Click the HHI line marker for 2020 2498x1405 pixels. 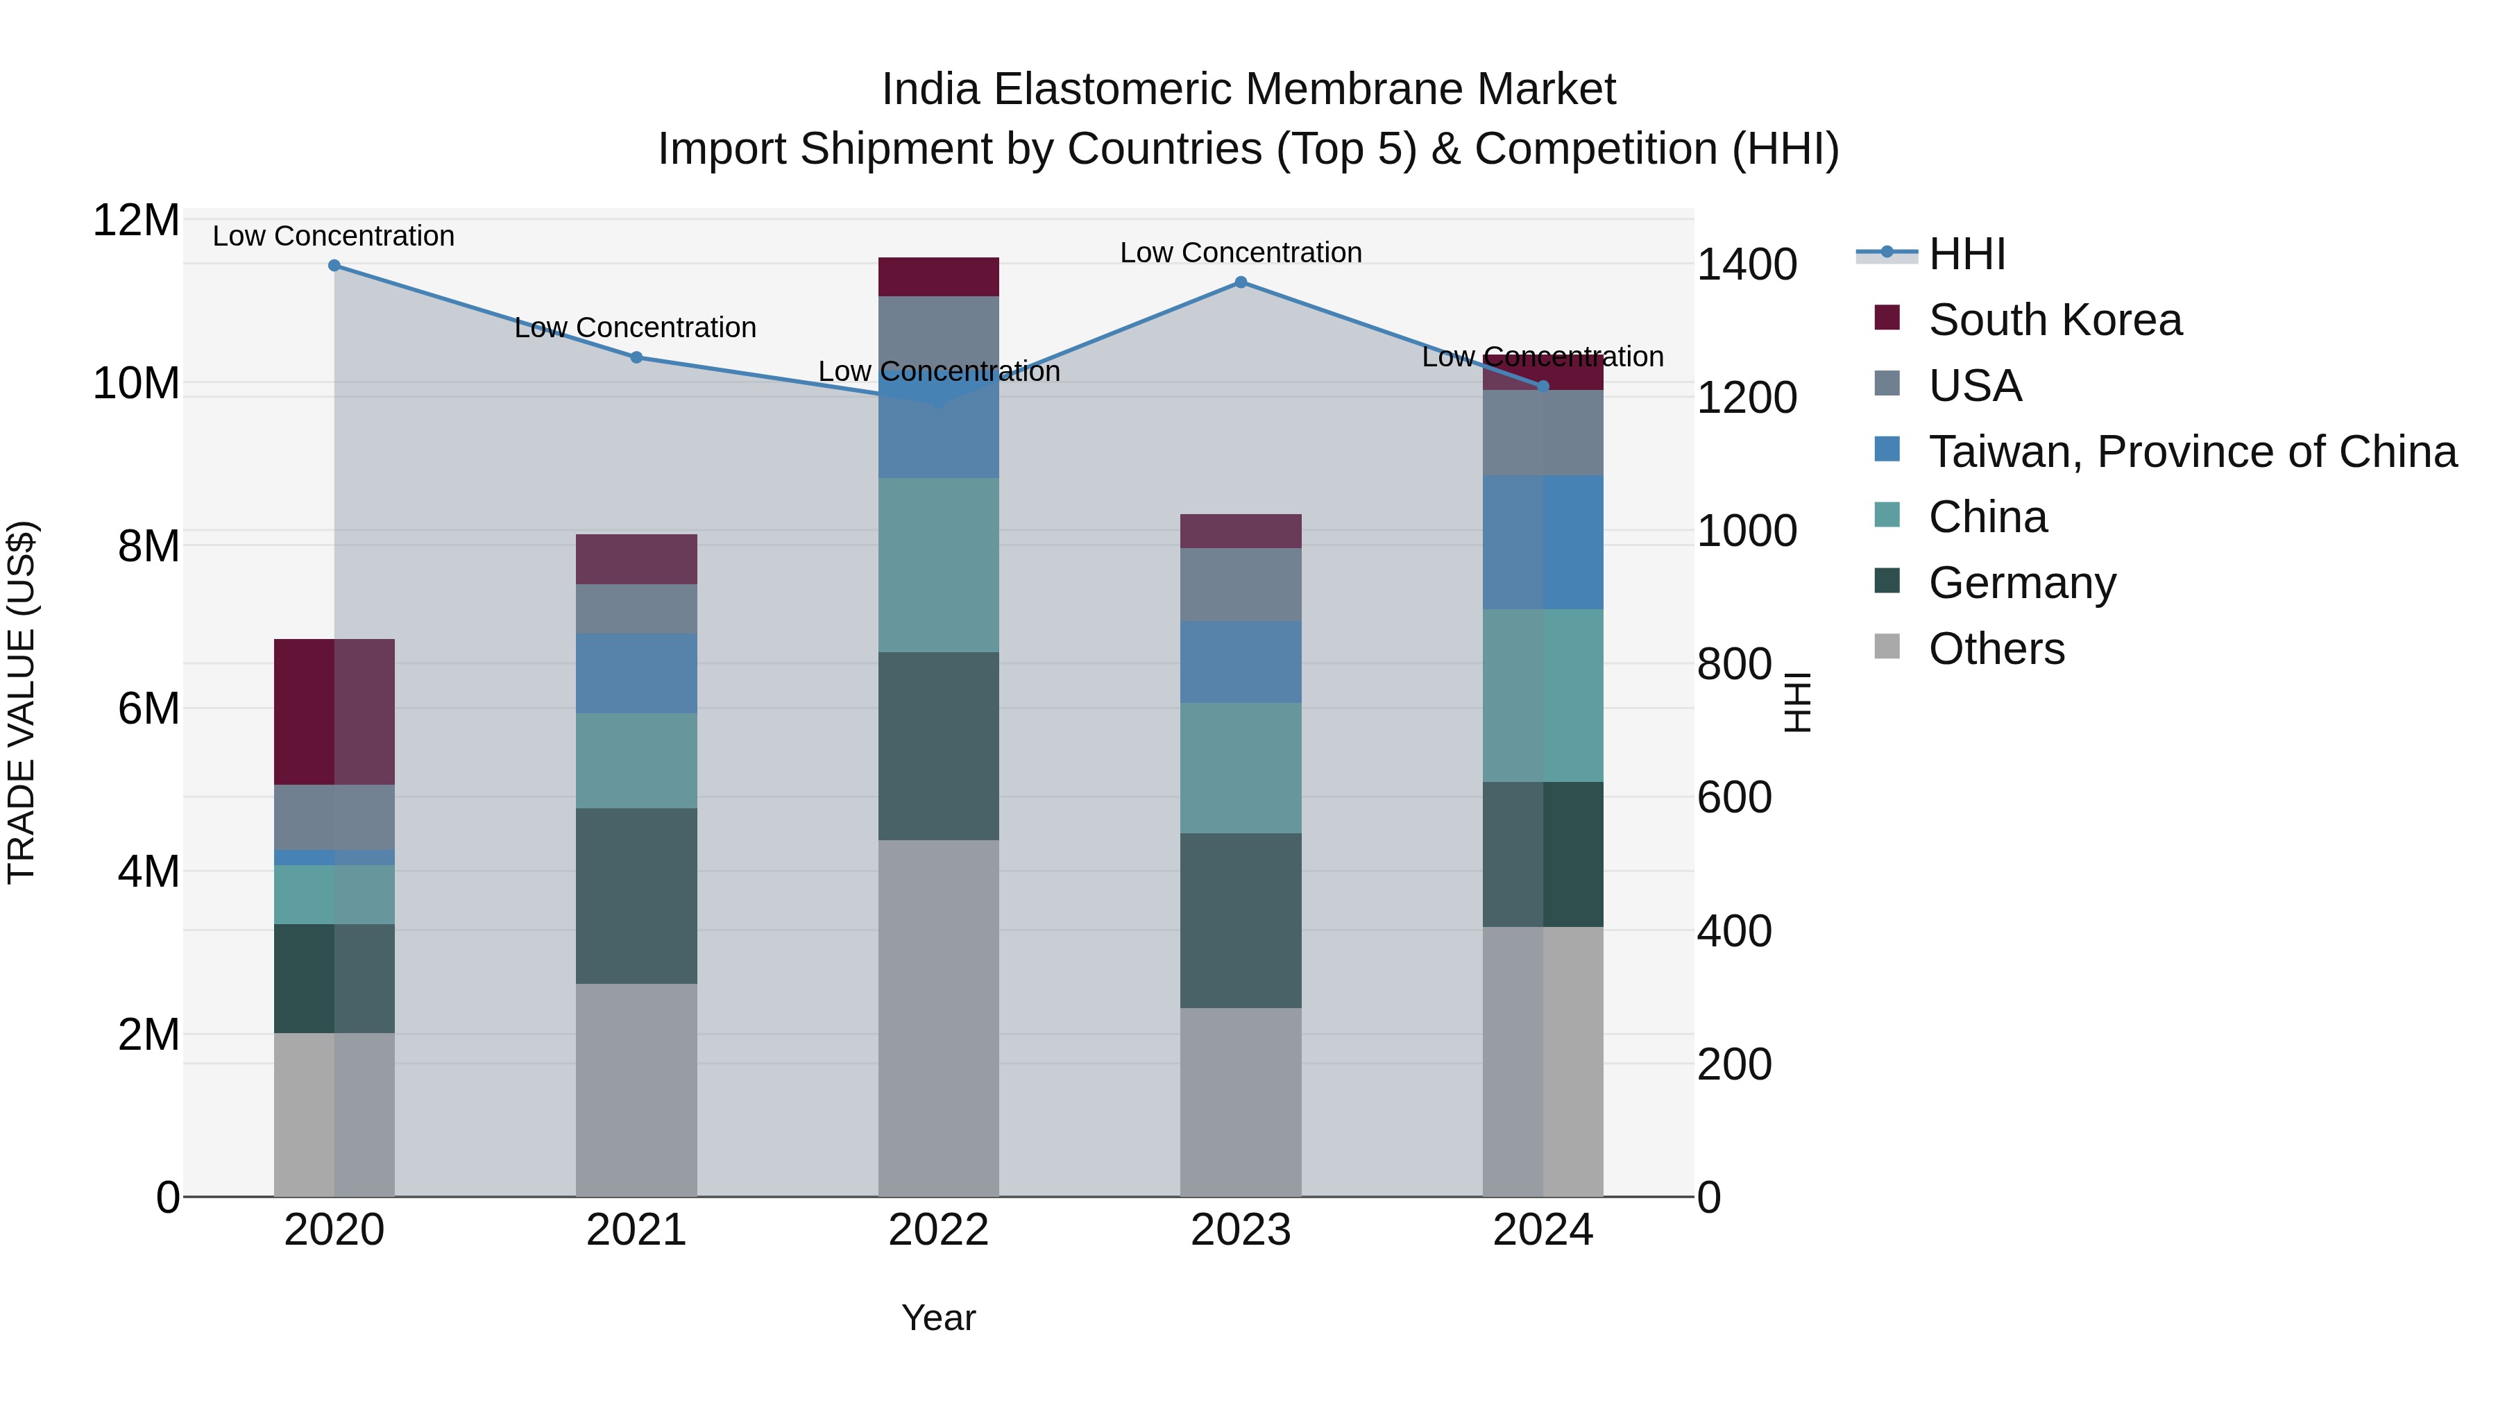pyautogui.click(x=334, y=265)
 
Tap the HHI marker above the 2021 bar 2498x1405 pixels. pyautogui.click(x=636, y=357)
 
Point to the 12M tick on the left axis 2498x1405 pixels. pyautogui.click(x=136, y=221)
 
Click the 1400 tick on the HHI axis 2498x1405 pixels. pyautogui.click(x=1747, y=265)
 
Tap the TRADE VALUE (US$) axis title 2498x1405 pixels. pyautogui.click(x=22, y=702)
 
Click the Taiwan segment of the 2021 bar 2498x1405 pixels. pyautogui.click(x=636, y=673)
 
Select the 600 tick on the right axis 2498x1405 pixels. pyautogui.click(x=1734, y=798)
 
